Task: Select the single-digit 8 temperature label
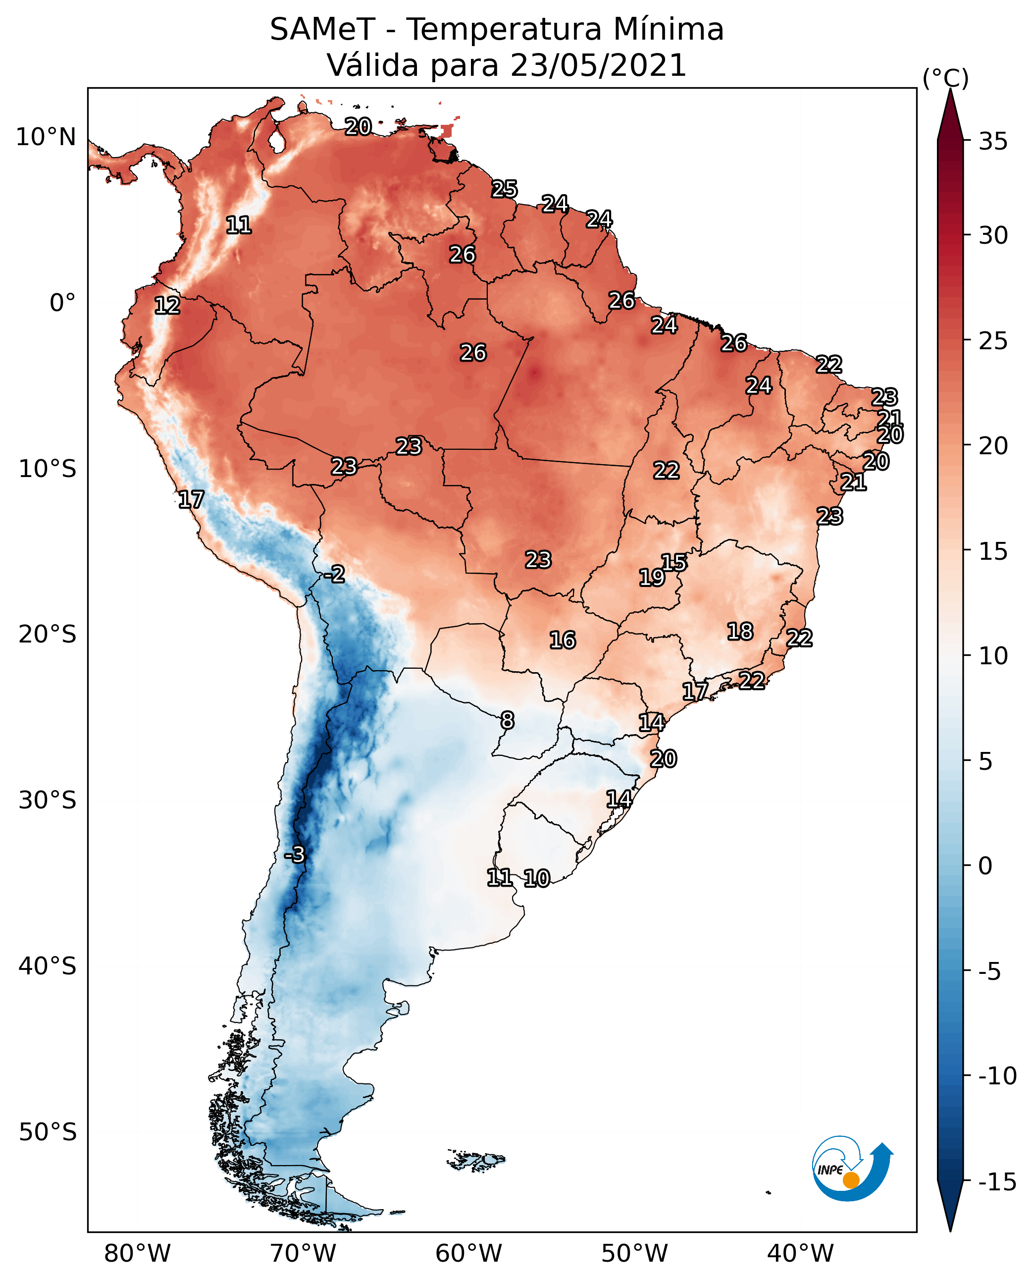[507, 720]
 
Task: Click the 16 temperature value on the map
[563, 640]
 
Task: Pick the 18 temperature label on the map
[740, 631]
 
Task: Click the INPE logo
[853, 1168]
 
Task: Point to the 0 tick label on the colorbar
[985, 866]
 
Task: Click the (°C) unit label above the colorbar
[945, 78]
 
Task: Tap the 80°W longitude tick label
[138, 1254]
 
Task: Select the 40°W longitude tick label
[800, 1254]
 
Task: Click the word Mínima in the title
[669, 29]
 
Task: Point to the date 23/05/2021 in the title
[599, 65]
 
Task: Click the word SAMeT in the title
[322, 29]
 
